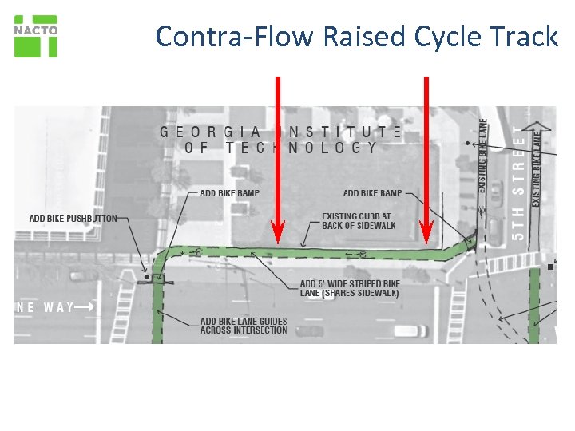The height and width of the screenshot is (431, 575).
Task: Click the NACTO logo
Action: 36,36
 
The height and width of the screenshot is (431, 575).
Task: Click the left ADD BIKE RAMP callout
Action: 229,193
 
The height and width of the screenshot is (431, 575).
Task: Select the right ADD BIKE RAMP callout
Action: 372,193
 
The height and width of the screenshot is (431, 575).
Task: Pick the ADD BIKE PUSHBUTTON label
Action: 73,219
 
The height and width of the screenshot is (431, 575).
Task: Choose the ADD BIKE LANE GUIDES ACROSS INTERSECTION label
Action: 244,326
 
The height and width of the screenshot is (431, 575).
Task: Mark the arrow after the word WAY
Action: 87,306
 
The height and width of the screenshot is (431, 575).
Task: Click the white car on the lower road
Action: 410,330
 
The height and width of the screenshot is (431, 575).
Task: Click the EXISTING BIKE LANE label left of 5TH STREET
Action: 483,155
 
